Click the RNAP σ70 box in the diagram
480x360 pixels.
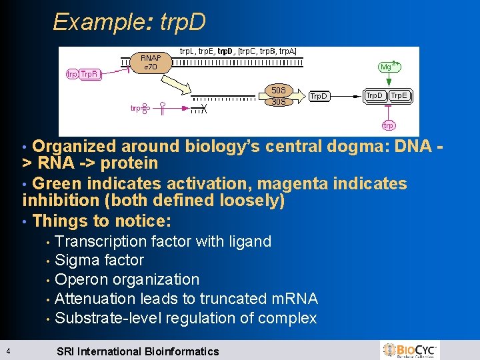150,62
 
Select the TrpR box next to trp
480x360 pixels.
90,74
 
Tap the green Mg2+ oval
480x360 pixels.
387,67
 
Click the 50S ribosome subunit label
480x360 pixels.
279,90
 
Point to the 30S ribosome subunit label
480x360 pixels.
279,101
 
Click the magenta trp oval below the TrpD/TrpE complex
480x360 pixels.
388,125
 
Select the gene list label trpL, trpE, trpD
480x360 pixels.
238,51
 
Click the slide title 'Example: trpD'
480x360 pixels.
129,22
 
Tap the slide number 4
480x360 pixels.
5,351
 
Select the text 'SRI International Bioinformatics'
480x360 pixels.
137,351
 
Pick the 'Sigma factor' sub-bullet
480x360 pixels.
99,260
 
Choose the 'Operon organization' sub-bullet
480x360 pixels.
127,279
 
